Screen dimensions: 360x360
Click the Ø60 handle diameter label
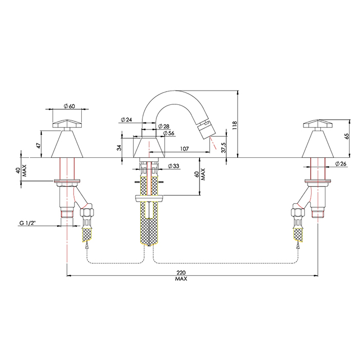click(x=69, y=106)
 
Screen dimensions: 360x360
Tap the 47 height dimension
click(x=39, y=146)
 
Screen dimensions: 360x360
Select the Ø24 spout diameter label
click(x=126, y=119)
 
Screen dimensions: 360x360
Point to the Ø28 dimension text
click(x=164, y=127)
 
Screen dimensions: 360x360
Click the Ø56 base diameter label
click(x=169, y=133)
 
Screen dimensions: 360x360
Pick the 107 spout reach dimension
click(x=184, y=149)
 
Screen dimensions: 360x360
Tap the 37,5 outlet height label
click(x=224, y=148)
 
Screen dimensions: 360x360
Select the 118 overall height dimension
click(x=235, y=126)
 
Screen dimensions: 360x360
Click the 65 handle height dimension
click(x=347, y=136)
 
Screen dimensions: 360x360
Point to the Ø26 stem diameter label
click(x=340, y=164)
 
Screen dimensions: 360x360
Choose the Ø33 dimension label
click(x=173, y=166)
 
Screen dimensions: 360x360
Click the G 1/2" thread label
click(x=27, y=223)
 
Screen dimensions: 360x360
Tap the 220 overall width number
click(x=181, y=273)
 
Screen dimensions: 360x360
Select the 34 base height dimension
click(x=119, y=148)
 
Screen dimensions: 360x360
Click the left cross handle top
click(x=67, y=124)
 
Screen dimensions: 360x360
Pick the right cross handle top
click(x=318, y=124)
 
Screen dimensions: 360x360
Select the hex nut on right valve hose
click(x=297, y=211)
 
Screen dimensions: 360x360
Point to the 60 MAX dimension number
click(x=197, y=174)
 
